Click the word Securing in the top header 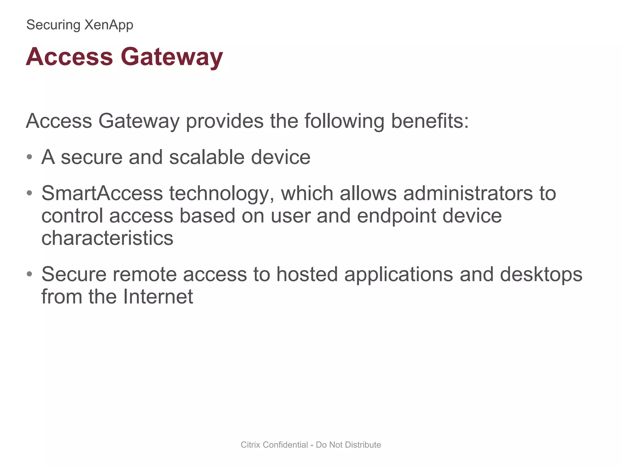[53, 25]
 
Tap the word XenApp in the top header [108, 25]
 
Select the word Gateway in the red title [172, 57]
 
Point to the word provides [224, 121]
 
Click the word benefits [429, 121]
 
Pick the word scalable [207, 157]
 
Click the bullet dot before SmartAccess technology [29, 193]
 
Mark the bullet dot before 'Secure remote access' [29, 274]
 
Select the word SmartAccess [102, 193]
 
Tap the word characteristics [107, 238]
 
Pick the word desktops [541, 274]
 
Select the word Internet [158, 297]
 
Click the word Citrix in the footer [251, 445]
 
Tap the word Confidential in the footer [285, 445]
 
